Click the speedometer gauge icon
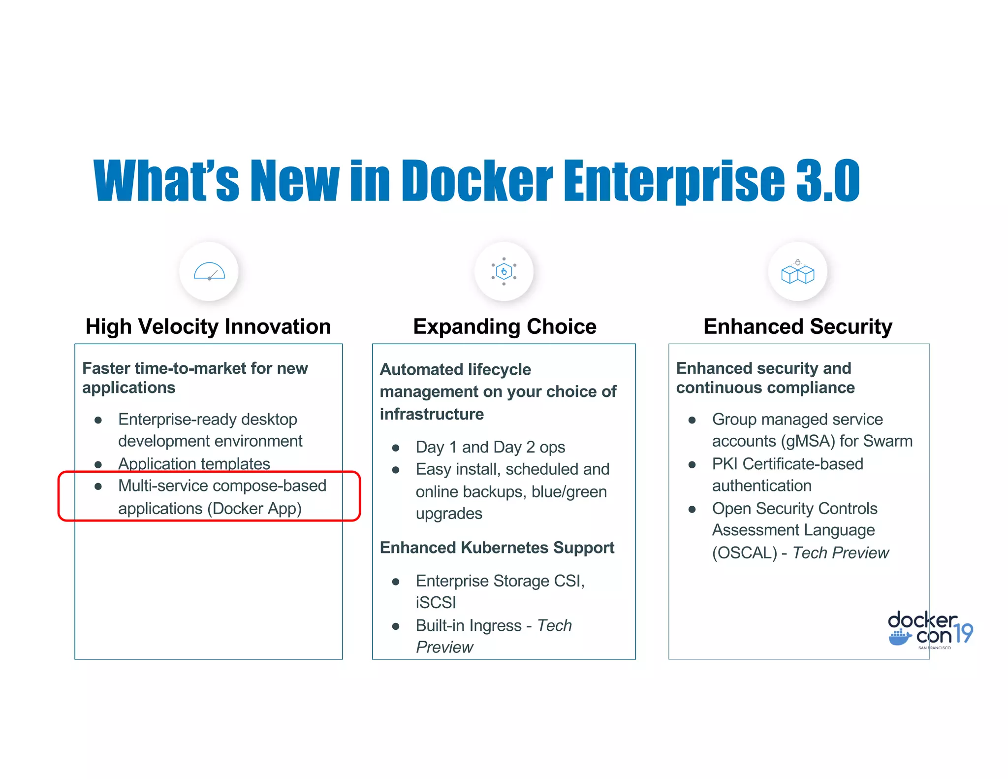click(209, 271)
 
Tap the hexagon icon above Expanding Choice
click(504, 271)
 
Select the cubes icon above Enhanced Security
click(797, 273)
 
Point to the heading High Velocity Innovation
click(208, 326)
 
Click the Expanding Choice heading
click(504, 326)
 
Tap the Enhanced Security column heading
click(797, 326)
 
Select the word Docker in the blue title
click(477, 181)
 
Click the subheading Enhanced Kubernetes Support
click(497, 548)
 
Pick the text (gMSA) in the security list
click(808, 441)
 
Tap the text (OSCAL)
click(744, 553)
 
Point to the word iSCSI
click(436, 603)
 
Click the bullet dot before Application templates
click(98, 464)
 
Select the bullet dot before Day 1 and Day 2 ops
click(395, 448)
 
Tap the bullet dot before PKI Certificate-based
click(692, 465)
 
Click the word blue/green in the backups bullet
click(569, 492)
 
